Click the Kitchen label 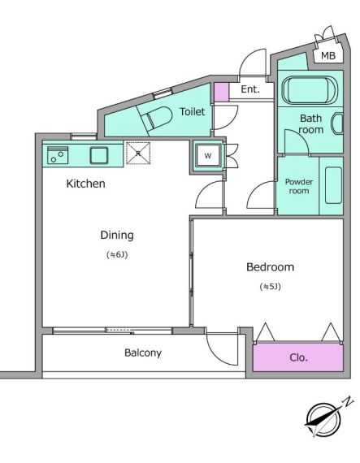click(x=85, y=184)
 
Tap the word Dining click(x=117, y=236)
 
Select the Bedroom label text click(x=271, y=267)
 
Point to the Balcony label click(x=143, y=353)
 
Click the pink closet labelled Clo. click(x=298, y=357)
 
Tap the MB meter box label click(x=328, y=55)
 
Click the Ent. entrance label click(x=250, y=89)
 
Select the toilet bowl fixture click(x=157, y=119)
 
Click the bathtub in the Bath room click(x=310, y=90)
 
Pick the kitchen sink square click(x=99, y=155)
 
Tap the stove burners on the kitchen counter click(x=58, y=155)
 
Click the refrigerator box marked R click(x=138, y=153)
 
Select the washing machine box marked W click(x=208, y=156)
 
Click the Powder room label click(x=299, y=186)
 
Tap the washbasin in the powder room click(x=333, y=185)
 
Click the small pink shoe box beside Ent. click(x=221, y=93)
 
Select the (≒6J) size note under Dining click(x=117, y=254)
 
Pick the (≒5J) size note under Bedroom click(x=271, y=287)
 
